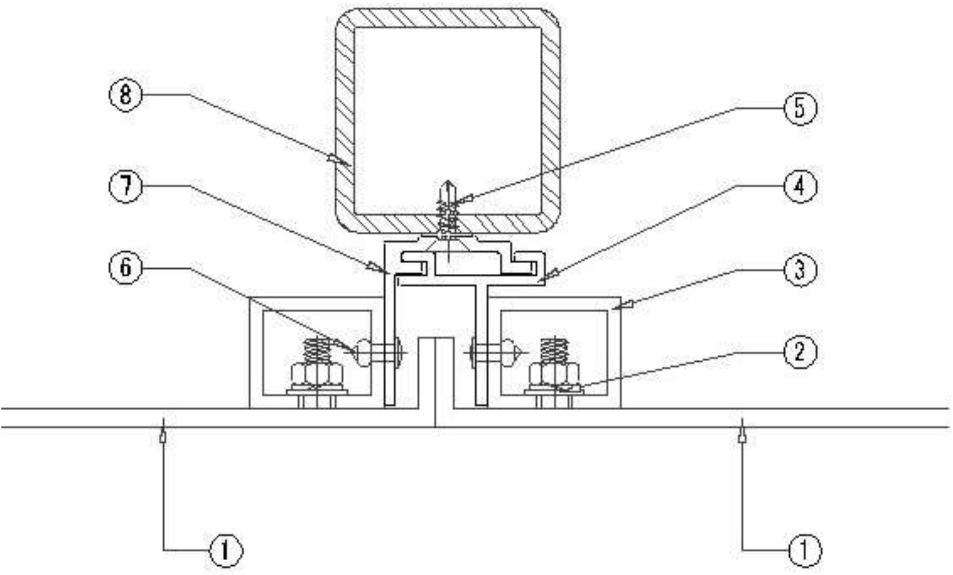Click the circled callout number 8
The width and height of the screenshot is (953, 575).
point(125,95)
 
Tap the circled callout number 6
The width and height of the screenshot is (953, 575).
point(125,267)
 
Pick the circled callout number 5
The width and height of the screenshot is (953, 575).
point(800,108)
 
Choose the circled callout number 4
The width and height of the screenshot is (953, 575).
point(800,186)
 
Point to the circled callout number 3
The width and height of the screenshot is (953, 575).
point(800,270)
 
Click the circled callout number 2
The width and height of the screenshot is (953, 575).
point(800,352)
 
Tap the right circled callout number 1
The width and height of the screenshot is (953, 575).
point(805,550)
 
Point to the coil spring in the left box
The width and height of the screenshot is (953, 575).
point(317,351)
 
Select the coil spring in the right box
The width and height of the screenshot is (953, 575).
point(555,351)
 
